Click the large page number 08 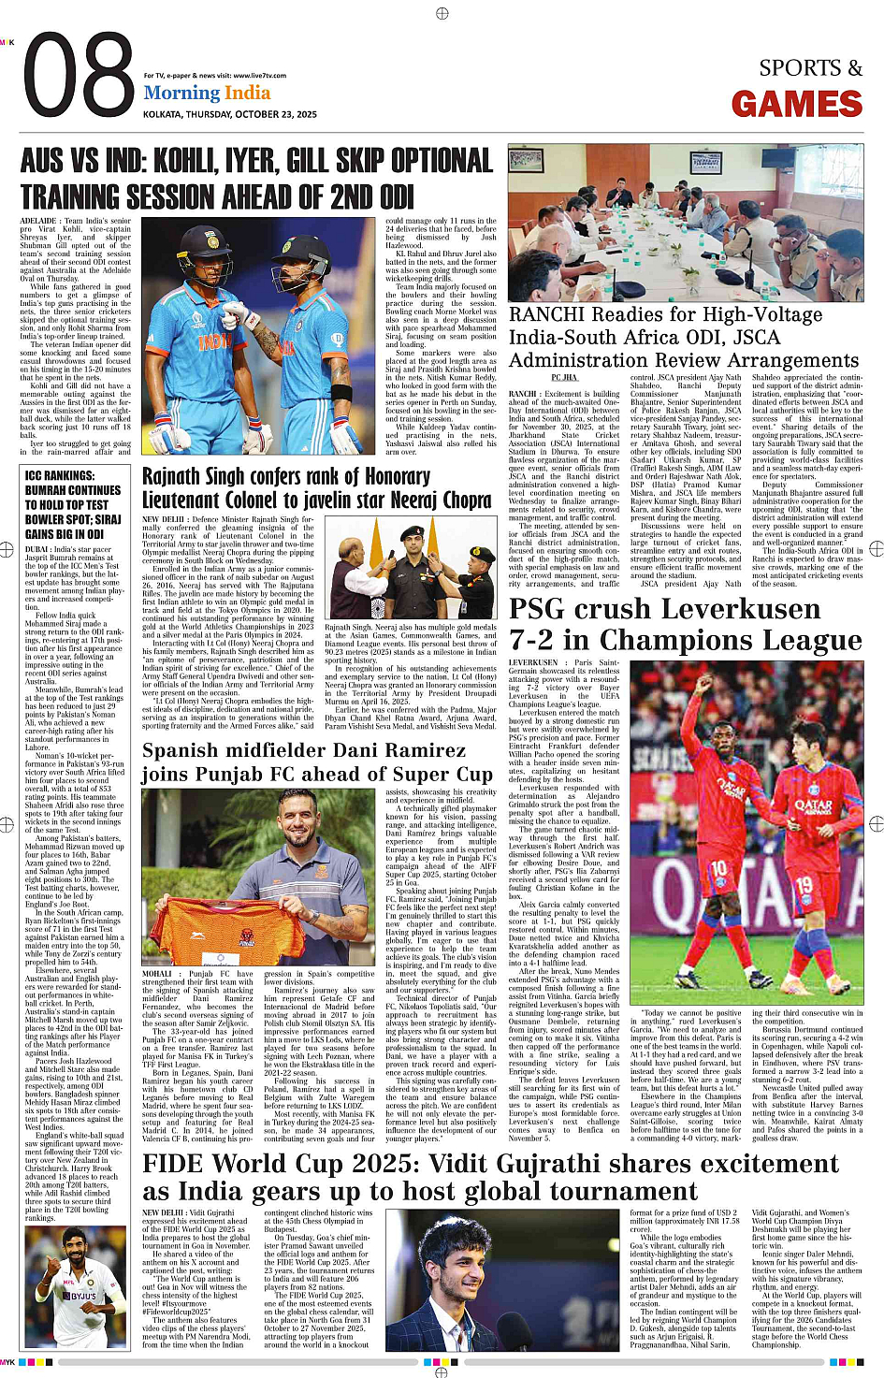pos(80,78)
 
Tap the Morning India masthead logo pos(207,93)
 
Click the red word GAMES pos(796,104)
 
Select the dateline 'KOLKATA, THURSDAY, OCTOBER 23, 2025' pos(229,114)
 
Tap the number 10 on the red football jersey pos(718,869)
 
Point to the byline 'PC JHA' pos(564,377)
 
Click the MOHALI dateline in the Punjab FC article pos(156,974)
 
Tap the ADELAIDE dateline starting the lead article pos(38,222)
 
